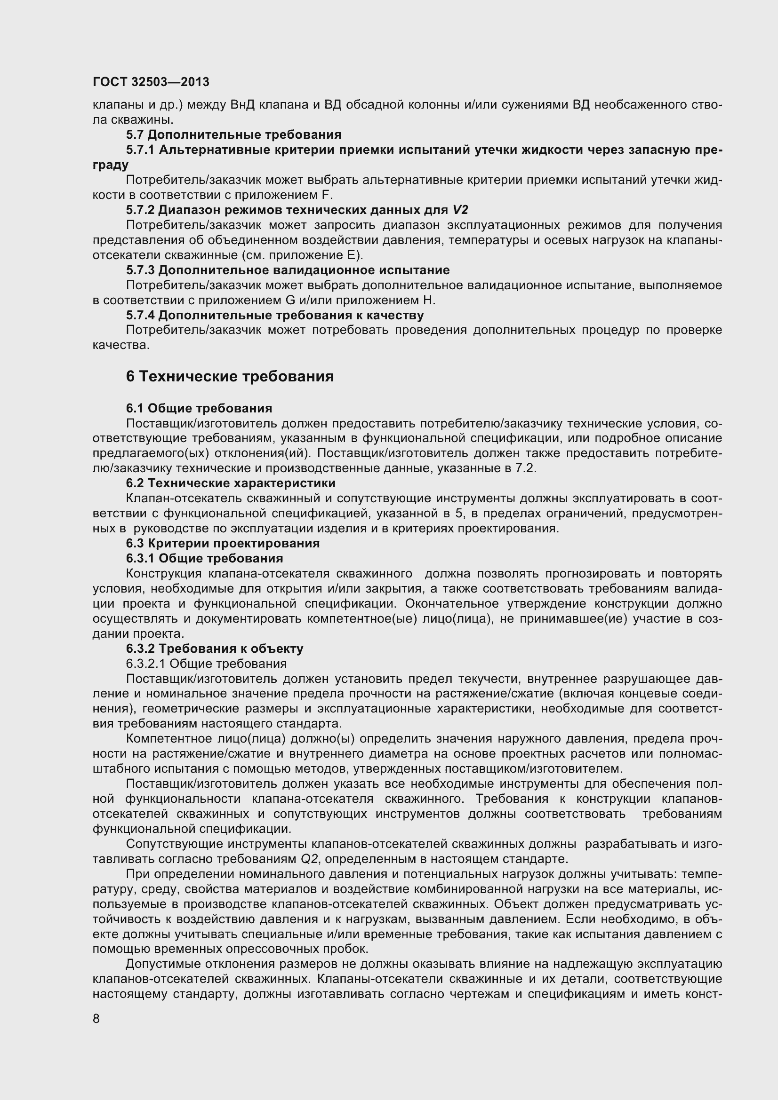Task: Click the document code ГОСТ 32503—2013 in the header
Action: pyautogui.click(x=151, y=82)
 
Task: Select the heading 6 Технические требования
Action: pyautogui.click(x=230, y=377)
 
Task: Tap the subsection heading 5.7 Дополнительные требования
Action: pyautogui.click(x=233, y=135)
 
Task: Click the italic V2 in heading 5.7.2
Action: pyautogui.click(x=460, y=210)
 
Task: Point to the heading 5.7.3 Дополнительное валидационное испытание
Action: pyautogui.click(x=288, y=270)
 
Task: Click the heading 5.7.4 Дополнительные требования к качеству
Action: pyautogui.click(x=275, y=315)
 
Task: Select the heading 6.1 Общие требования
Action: pyautogui.click(x=199, y=408)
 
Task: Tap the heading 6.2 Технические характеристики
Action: pyautogui.click(x=231, y=483)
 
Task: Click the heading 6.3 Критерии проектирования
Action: pyautogui.click(x=223, y=543)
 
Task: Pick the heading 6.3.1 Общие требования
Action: pyautogui.click(x=204, y=558)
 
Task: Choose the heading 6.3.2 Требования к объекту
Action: pyautogui.click(x=214, y=649)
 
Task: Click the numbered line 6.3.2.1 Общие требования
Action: pyautogui.click(x=206, y=664)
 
